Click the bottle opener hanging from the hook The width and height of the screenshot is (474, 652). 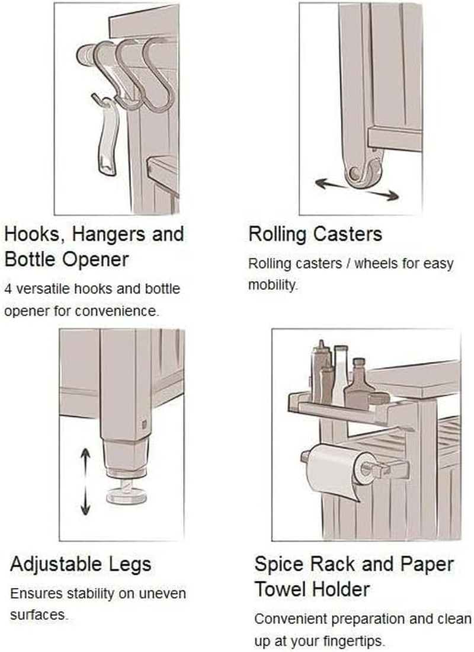(107, 138)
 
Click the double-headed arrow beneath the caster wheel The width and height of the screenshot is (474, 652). (357, 189)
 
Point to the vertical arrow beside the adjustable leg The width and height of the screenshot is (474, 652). (85, 481)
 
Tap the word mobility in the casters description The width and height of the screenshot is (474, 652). (273, 285)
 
